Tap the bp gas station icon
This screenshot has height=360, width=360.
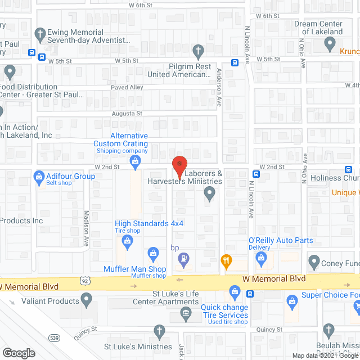pos(183,259)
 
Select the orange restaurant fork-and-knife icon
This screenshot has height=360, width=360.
pos(226,260)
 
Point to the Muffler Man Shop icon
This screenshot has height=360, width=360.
pos(152,253)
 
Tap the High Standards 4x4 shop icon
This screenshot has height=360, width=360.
pos(128,242)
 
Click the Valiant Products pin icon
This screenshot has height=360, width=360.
pos(86,301)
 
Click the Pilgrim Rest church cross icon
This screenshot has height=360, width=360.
pos(198,52)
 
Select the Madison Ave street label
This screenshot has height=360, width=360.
pos(87,229)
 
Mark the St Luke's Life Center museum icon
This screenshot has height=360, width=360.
pos(185,313)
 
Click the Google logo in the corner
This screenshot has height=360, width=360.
pos(18,353)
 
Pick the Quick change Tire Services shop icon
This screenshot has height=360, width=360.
pos(235,291)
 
